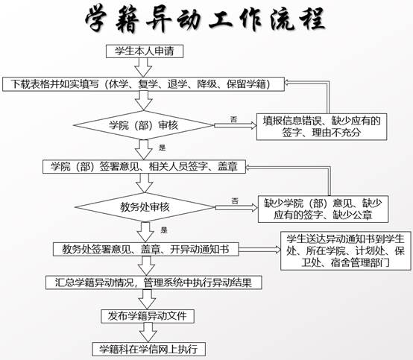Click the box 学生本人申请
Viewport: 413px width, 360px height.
(x=145, y=51)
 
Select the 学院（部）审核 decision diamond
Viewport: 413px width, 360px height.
(x=144, y=125)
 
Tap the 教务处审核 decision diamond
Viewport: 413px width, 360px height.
(x=145, y=207)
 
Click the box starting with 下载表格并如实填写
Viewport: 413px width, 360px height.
(x=144, y=84)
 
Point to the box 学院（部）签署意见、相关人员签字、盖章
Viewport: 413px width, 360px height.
(x=144, y=167)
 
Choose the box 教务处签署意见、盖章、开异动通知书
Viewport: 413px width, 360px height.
(x=146, y=249)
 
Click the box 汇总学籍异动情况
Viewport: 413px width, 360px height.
(x=154, y=282)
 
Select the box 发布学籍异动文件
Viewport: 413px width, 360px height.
(x=148, y=316)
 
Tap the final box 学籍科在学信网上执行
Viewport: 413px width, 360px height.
(x=148, y=350)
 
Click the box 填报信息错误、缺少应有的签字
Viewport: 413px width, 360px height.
(x=321, y=127)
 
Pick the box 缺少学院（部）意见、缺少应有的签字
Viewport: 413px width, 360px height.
(x=324, y=209)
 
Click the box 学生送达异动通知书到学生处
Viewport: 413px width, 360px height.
(x=346, y=250)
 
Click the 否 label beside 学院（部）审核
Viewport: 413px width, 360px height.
(x=234, y=119)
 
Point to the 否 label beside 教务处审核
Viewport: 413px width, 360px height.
(x=235, y=201)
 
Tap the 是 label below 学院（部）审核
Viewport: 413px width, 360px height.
(x=163, y=148)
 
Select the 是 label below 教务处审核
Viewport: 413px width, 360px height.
(x=164, y=230)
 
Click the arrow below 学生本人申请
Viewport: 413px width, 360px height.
(x=143, y=67)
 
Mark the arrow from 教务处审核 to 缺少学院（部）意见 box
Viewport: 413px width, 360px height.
(x=236, y=208)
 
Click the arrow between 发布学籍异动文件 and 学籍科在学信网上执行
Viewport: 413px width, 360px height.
(x=148, y=332)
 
